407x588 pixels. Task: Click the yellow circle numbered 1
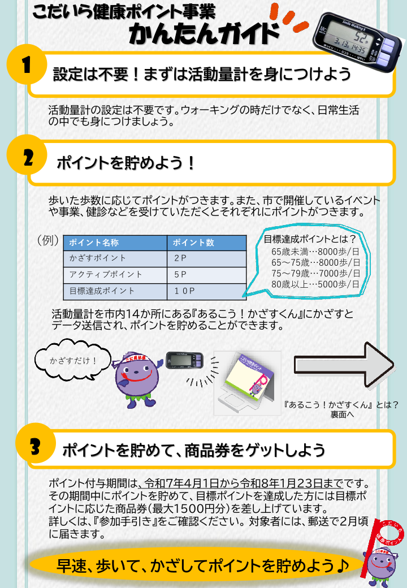click(x=27, y=64)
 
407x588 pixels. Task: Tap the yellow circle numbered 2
click(x=27, y=155)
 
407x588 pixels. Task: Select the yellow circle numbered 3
click(x=36, y=443)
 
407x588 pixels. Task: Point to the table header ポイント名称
click(x=94, y=243)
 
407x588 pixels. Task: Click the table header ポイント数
click(x=193, y=243)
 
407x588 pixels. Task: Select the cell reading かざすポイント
click(x=97, y=258)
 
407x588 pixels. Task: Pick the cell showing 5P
click(x=180, y=275)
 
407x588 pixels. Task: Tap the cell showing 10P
click(x=184, y=291)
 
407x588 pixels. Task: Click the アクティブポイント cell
click(x=106, y=275)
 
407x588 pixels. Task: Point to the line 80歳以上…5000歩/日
click(x=315, y=284)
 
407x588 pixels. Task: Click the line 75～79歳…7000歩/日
click(x=315, y=274)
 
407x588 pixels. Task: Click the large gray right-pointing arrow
click(x=344, y=365)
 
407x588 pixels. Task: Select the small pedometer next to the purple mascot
click(x=184, y=360)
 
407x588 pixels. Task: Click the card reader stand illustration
click(x=248, y=383)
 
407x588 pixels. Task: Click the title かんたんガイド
click(x=204, y=33)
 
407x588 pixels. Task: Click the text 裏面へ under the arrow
click(x=342, y=414)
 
